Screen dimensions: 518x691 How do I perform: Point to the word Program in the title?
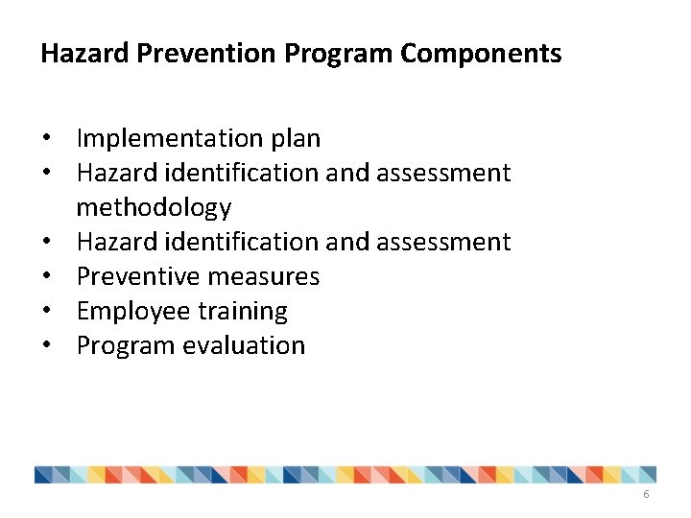341,54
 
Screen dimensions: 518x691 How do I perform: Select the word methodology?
154,208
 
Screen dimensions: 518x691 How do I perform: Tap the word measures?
263,277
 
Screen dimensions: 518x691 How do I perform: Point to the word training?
244,312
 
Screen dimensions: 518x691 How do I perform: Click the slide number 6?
646,494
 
